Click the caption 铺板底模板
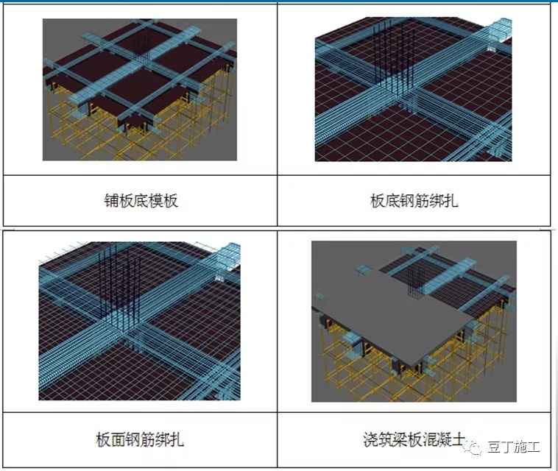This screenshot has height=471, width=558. pos(140,200)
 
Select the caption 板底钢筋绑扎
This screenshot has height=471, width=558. pos(414,200)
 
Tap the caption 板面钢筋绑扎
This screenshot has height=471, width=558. pos(140,440)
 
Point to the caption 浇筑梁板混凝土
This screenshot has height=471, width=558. pos(414,440)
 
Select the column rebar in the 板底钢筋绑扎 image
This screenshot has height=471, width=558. pos(386,55)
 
